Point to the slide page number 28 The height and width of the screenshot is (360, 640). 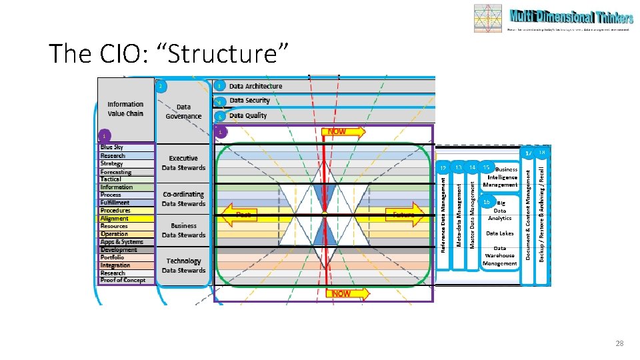coord(619,343)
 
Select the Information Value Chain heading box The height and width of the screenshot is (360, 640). coord(125,109)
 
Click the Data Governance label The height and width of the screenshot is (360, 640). coord(183,111)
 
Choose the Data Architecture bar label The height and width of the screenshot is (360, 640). coord(255,86)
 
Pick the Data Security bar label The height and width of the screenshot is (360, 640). coord(249,101)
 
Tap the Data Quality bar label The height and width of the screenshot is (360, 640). coord(248,115)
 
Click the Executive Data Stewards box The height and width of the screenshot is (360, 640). coord(183,163)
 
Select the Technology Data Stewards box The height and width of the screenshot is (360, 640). coord(183,265)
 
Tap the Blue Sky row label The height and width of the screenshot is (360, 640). coord(111,147)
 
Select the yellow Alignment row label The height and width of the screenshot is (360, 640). coord(115,219)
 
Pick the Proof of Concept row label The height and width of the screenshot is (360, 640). coord(123,280)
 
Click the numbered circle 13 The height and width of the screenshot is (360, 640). coord(458,167)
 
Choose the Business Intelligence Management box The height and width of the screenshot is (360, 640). coord(501,177)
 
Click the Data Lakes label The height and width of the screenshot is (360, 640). coord(500,233)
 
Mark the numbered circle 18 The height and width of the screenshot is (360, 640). coord(542,153)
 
